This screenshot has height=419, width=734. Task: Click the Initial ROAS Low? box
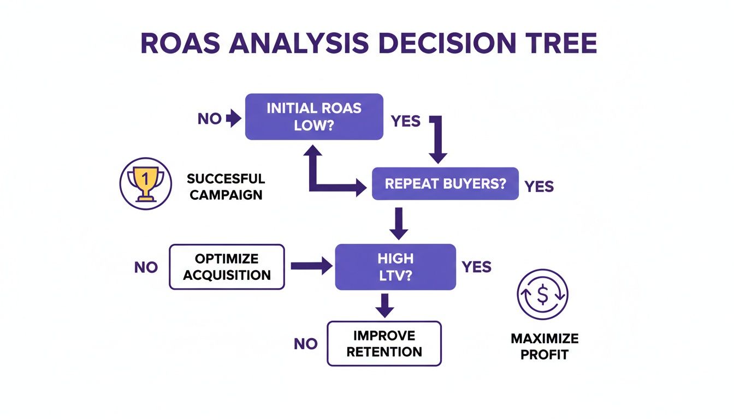[x=314, y=116]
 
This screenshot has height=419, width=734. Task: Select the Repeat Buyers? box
[x=445, y=183]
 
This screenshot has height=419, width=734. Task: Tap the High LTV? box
[x=395, y=266]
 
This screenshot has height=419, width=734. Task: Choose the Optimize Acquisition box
[x=227, y=267]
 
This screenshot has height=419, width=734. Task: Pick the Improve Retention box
[x=384, y=343]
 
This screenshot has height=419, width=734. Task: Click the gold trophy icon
[x=145, y=184]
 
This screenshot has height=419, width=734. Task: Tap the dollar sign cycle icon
[x=542, y=295]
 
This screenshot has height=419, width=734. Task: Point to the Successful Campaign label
[x=226, y=186]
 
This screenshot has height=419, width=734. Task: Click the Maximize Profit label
[x=544, y=346]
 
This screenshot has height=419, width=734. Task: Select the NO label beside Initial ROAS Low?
[x=209, y=119]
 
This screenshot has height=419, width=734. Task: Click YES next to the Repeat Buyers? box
[x=539, y=187]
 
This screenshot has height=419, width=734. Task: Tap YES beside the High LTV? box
[x=476, y=267]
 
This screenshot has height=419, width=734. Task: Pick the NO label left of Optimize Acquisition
[x=146, y=267]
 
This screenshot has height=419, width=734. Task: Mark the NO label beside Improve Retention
[x=305, y=344]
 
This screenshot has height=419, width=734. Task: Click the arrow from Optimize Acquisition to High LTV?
[x=311, y=266]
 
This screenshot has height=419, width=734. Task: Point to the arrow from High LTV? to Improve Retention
[x=384, y=306]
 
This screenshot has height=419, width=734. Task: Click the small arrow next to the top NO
[x=233, y=119]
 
